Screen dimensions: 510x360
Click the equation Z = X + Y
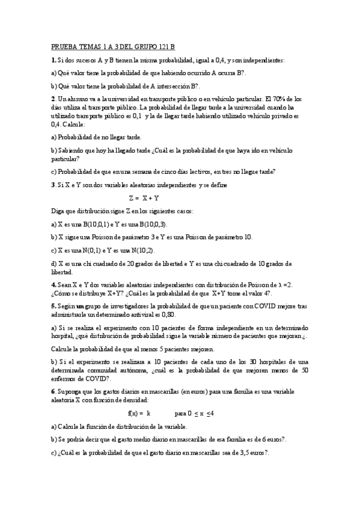click(144, 197)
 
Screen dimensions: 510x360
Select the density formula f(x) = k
click(139, 414)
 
